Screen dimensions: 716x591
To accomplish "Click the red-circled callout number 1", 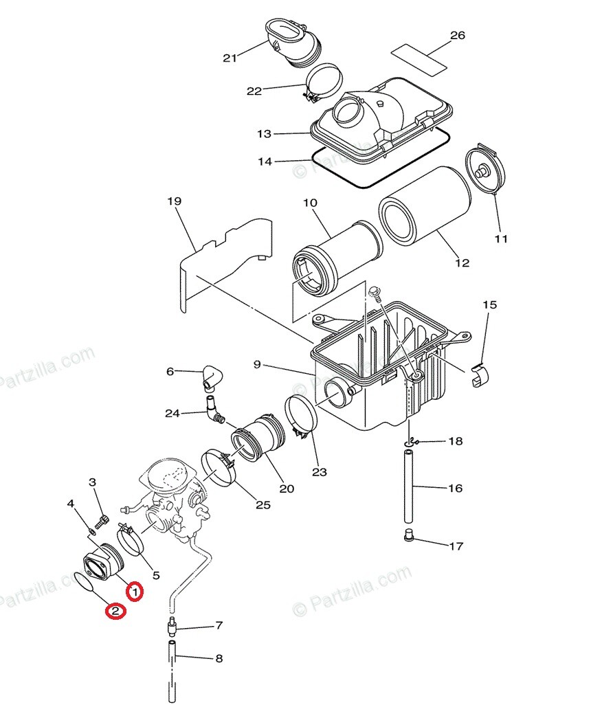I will (x=135, y=591).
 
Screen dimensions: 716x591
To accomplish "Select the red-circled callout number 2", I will (x=115, y=610).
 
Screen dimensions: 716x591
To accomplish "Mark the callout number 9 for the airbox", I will (x=256, y=364).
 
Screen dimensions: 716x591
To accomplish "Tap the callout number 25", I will (x=263, y=505).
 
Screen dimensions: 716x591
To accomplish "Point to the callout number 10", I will (x=310, y=203).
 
